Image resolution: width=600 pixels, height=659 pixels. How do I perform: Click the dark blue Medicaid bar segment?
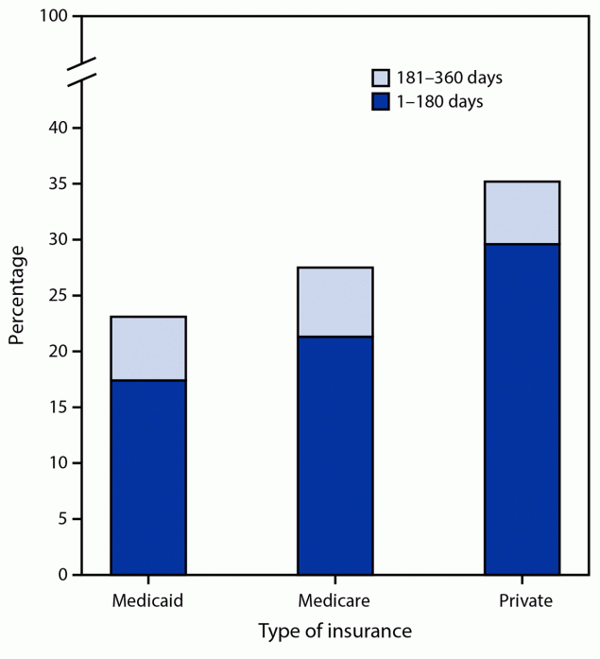147,477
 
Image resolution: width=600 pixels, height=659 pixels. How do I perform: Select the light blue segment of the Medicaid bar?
147,348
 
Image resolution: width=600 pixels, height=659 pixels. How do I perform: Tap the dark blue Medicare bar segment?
334,455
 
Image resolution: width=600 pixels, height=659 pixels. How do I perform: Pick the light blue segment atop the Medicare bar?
334,302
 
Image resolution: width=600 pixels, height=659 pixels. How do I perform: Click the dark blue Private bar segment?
522,408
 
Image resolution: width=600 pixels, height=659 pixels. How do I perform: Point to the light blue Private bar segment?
522,213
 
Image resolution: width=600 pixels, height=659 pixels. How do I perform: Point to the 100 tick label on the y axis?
55,17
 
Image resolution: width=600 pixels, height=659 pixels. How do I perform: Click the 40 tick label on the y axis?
60,128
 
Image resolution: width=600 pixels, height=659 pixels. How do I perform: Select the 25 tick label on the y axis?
60,295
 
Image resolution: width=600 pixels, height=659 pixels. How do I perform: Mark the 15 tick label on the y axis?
60,407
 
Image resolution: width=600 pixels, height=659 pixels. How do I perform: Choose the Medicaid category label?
147,600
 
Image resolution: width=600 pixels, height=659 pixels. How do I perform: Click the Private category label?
522,600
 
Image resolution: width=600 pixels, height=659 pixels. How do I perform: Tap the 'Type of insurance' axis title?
334,631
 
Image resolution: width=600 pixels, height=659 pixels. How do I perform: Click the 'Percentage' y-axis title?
18,295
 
